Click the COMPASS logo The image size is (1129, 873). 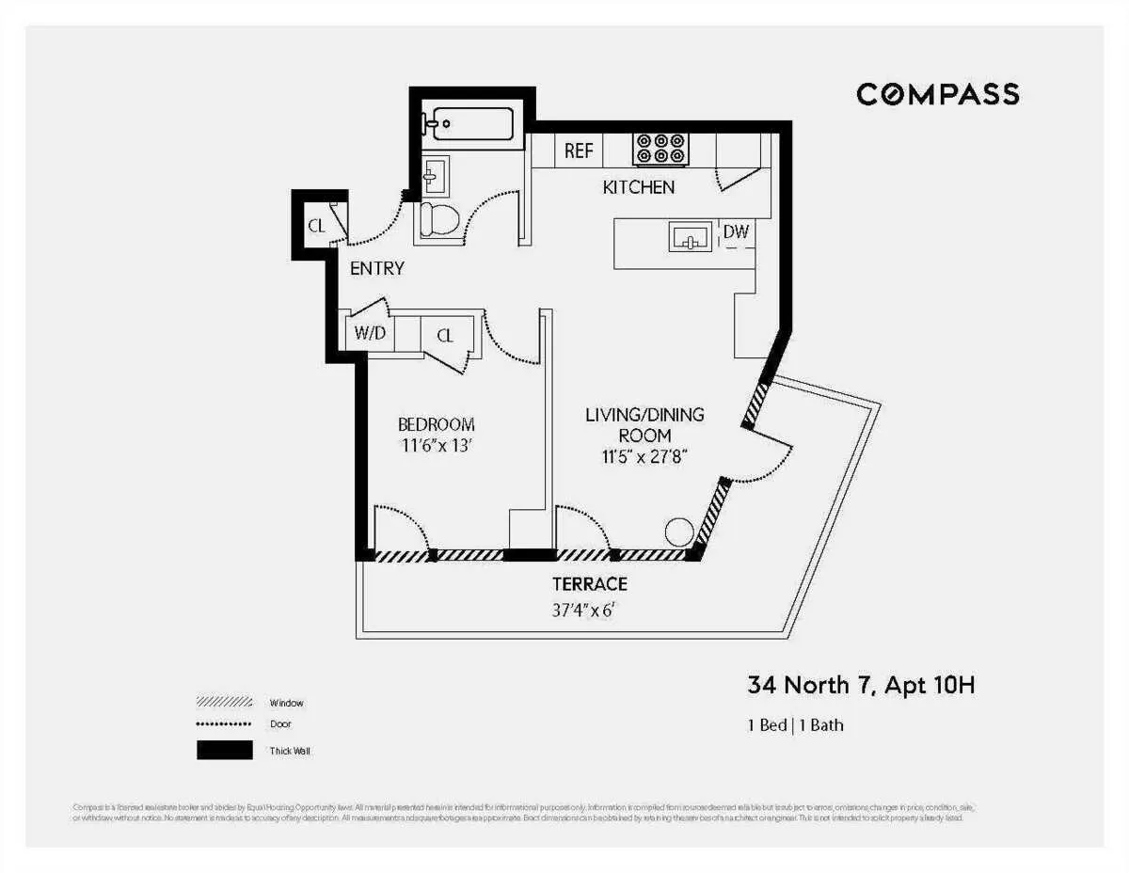pos(937,94)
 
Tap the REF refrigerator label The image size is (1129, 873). pos(578,151)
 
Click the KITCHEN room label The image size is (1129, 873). pos(638,187)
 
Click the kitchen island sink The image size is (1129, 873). pos(691,237)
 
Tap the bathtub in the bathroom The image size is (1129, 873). pos(469,124)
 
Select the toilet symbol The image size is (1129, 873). pos(437,220)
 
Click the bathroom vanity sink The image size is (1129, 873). pos(434,173)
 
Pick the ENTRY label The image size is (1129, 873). pos(376,268)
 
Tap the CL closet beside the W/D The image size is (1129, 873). pos(444,334)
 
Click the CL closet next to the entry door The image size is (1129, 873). pos(317,225)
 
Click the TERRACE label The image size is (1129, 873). pos(590,584)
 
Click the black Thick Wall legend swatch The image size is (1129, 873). pos(225,751)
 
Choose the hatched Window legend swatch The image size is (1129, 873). pos(225,702)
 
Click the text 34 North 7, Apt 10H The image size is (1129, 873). pos(861,686)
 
